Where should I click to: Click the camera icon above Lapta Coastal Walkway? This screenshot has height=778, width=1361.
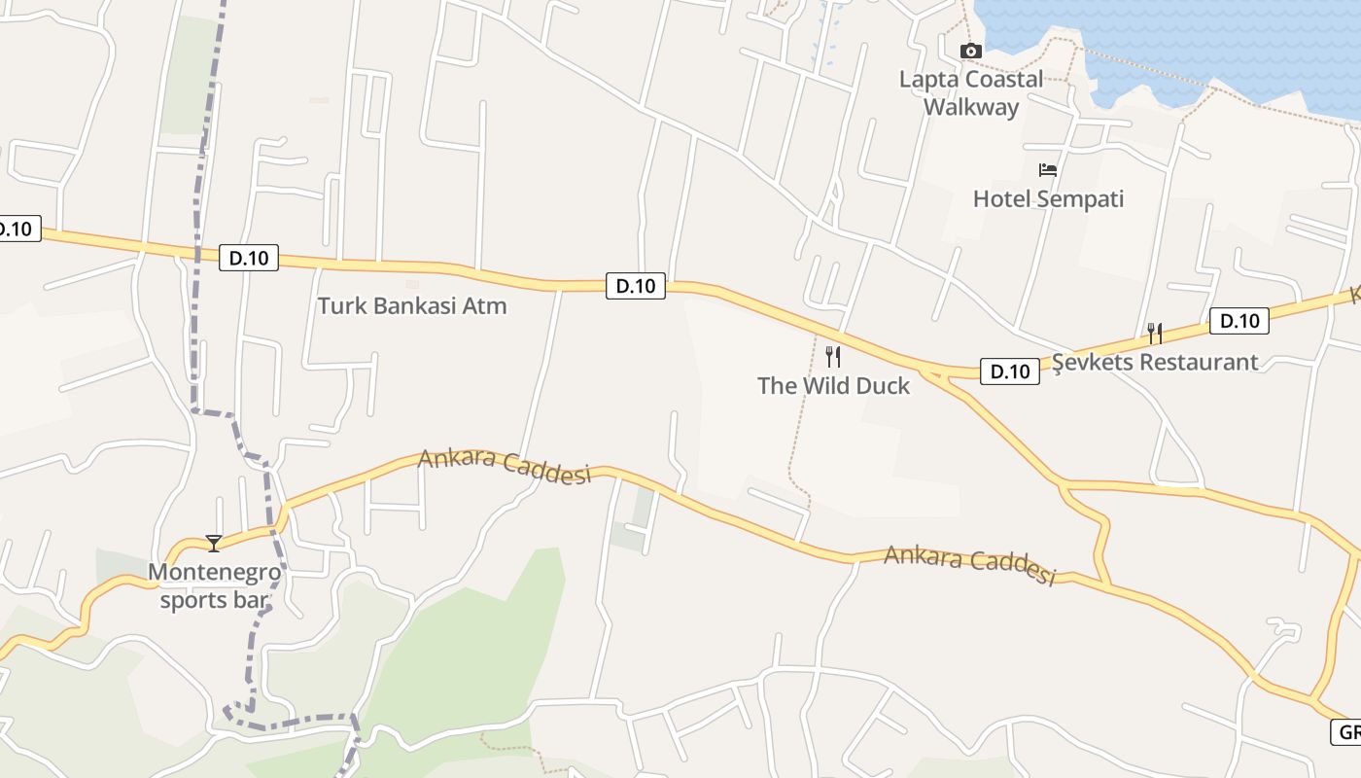pos(970,52)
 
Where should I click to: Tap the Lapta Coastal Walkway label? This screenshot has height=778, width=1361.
pos(970,93)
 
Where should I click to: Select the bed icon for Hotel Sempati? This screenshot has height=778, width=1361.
pos(1047,170)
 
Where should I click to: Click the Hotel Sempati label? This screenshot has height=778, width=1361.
pos(1048,199)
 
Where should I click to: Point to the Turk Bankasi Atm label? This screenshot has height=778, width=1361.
pos(412,306)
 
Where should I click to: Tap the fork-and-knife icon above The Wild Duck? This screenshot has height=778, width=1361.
pos(833,357)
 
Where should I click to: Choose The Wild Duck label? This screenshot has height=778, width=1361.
pos(833,386)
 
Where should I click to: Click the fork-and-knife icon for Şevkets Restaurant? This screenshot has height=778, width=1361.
pos(1154,334)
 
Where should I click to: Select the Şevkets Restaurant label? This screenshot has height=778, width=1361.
pos(1155,363)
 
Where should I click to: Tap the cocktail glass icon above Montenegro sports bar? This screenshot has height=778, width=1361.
pos(214,543)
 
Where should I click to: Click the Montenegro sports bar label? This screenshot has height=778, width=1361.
pos(214,586)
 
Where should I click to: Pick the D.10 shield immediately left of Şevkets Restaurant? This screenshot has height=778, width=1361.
pos(1009,371)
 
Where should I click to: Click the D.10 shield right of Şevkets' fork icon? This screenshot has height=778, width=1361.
pos(1239,321)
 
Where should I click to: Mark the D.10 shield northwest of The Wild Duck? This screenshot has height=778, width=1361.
pos(636,286)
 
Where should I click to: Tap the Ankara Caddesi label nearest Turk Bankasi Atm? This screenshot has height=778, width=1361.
pos(505,466)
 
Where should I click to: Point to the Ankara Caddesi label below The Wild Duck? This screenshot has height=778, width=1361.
pos(969,565)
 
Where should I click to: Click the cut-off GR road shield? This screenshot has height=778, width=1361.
pos(1347,732)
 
